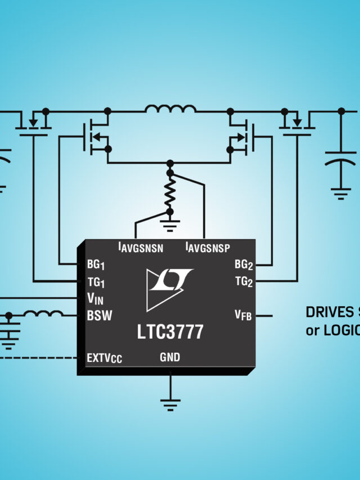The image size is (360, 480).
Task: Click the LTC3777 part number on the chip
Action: click(x=170, y=332)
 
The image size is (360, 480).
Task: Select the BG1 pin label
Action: click(x=96, y=264)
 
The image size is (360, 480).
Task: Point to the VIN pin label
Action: click(x=95, y=298)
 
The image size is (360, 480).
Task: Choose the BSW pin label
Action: click(x=99, y=316)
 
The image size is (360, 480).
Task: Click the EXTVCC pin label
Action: click(x=105, y=358)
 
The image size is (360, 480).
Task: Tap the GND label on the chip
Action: click(x=170, y=357)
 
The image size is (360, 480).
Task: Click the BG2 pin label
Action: click(x=243, y=264)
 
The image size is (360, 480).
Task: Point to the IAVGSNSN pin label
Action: click(x=140, y=247)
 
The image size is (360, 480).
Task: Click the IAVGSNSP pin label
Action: click(x=208, y=247)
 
